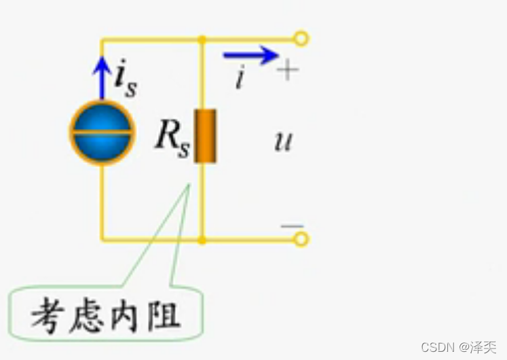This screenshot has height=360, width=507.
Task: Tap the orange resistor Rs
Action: [x=204, y=136]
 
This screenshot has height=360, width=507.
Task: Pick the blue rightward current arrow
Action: [x=250, y=54]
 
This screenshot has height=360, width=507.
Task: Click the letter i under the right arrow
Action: [x=239, y=79]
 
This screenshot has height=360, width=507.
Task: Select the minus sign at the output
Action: [x=292, y=225]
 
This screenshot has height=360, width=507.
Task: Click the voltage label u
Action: [x=282, y=142]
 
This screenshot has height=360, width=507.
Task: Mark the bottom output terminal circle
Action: [x=301, y=239]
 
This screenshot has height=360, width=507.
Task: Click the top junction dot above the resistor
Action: [x=202, y=39]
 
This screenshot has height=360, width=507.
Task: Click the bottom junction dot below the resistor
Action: [x=202, y=240]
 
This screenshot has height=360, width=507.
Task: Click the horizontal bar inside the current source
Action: [x=102, y=132]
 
